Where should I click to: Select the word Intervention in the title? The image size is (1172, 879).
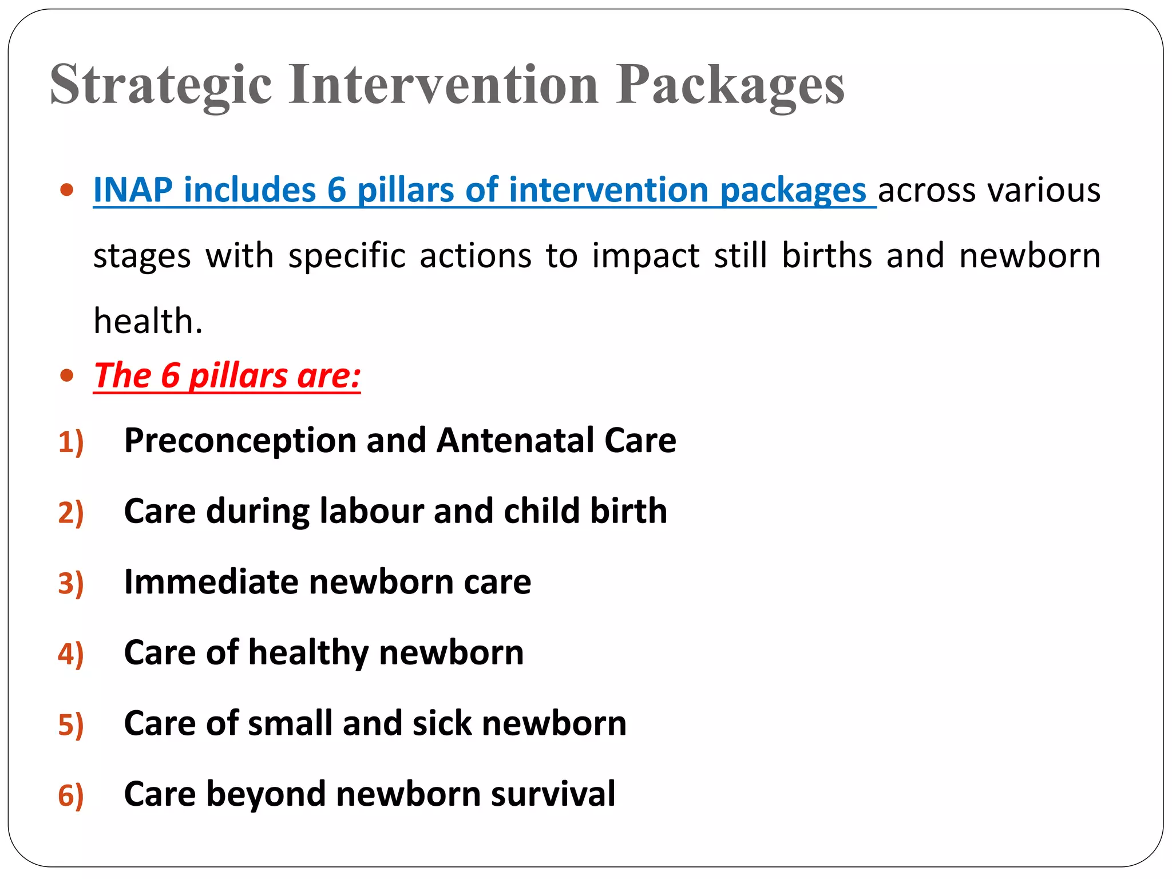444,85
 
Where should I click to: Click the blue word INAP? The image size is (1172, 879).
133,190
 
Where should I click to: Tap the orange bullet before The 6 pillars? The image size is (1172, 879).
68,376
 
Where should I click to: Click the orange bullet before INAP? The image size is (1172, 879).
68,190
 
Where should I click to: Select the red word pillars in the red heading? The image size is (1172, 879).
238,377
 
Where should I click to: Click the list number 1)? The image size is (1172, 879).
71,442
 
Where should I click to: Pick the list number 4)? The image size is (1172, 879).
71,654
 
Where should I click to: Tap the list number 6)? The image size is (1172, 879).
71,795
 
